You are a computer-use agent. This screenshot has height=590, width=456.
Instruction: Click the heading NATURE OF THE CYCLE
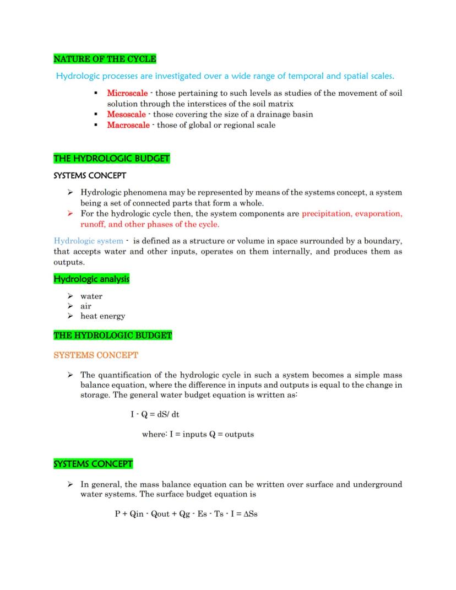tap(105, 59)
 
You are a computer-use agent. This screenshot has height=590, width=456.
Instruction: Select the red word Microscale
tap(127, 93)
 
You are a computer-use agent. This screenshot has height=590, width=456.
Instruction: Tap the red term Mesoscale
tap(126, 115)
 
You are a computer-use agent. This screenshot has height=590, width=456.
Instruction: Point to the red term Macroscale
tap(128, 125)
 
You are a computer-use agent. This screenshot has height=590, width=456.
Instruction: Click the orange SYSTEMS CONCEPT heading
tap(96, 355)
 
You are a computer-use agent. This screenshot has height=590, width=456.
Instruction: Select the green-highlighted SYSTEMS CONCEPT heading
tap(93, 464)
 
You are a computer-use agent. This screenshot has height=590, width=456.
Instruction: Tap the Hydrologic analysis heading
tap(91, 279)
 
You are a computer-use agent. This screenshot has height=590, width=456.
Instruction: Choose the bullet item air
tap(86, 306)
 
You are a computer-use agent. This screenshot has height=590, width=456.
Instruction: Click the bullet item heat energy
tap(102, 316)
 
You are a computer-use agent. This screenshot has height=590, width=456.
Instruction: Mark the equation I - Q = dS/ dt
tap(155, 414)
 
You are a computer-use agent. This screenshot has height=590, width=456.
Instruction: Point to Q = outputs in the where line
tap(231, 434)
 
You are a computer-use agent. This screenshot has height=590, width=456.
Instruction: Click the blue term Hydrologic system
tap(88, 241)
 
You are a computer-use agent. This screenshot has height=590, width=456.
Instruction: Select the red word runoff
tap(93, 224)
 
